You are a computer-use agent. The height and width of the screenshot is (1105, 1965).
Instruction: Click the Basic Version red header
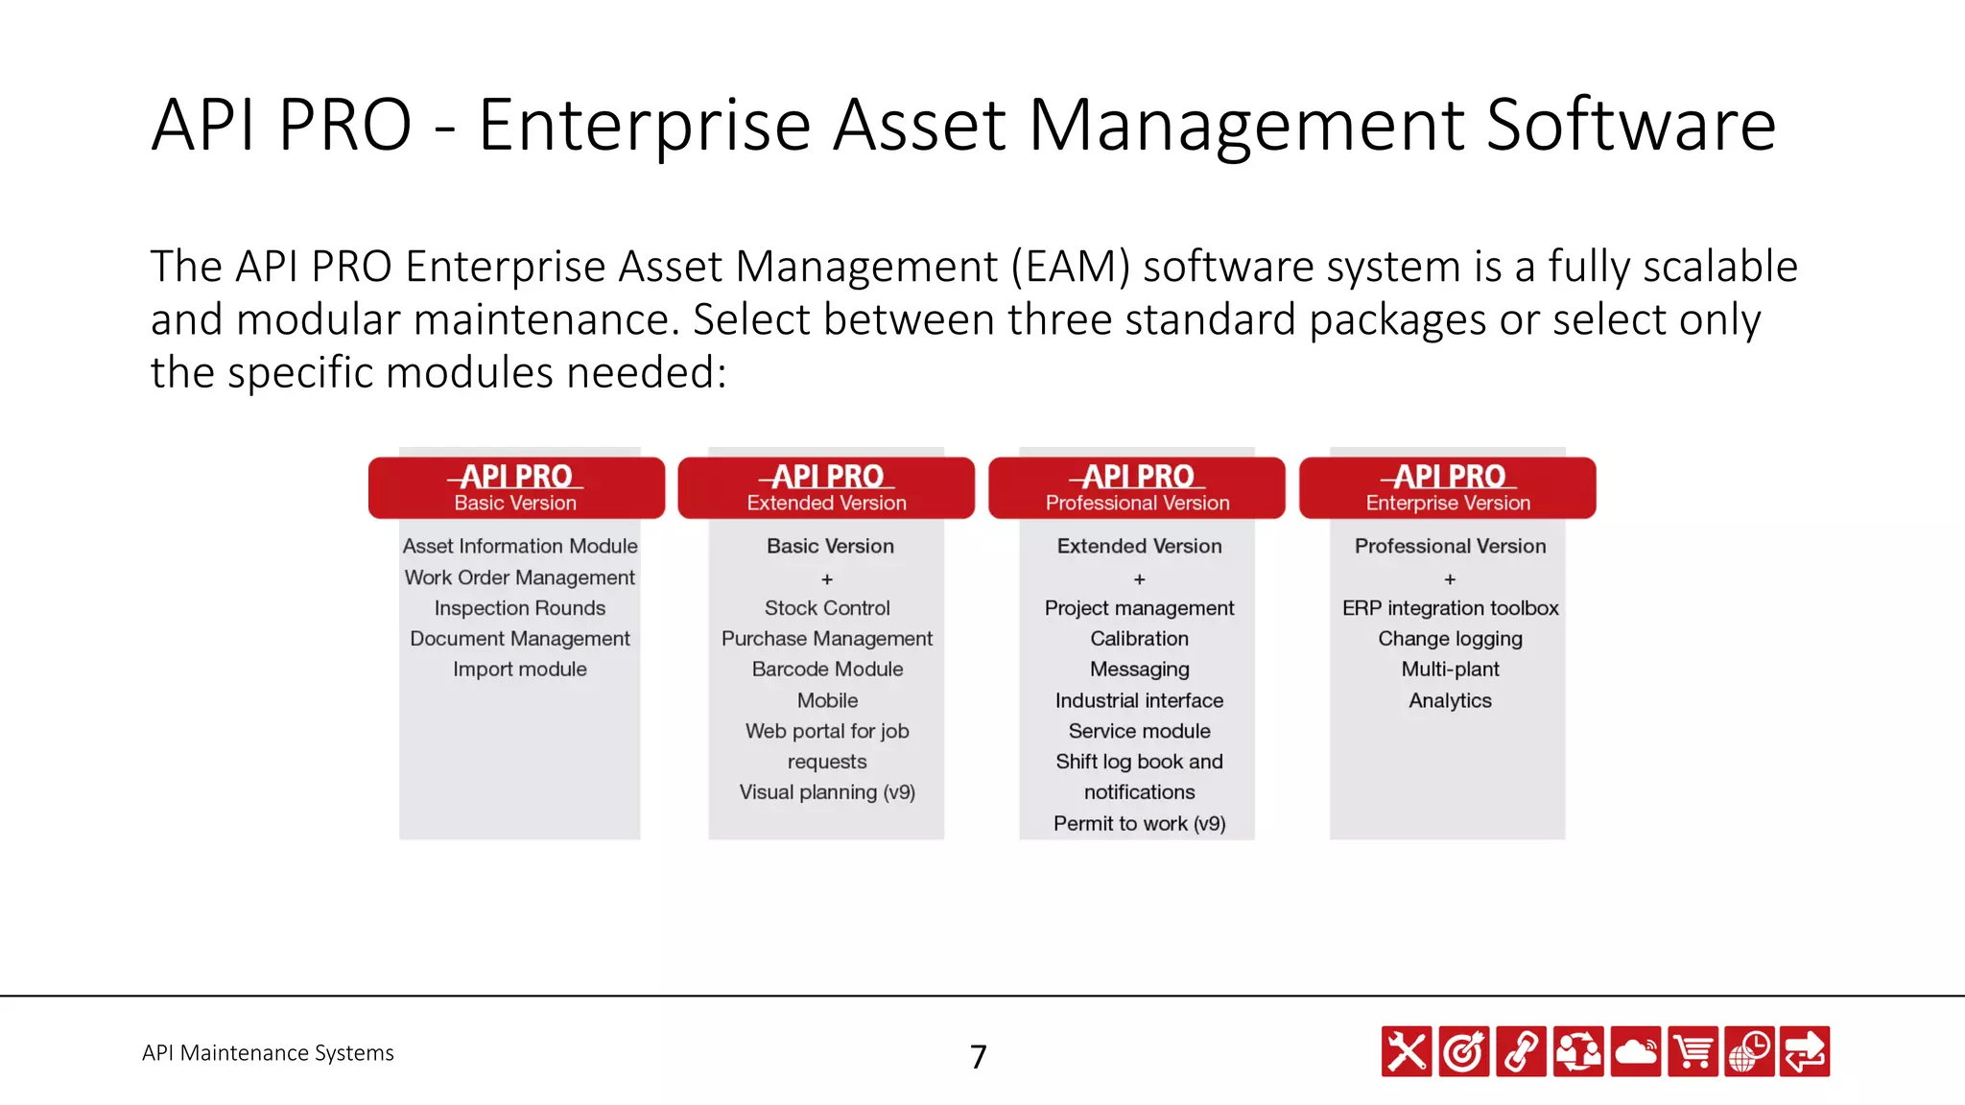click(516, 487)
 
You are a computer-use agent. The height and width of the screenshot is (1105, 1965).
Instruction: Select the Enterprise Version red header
click(1448, 487)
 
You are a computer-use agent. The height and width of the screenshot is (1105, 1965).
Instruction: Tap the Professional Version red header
click(1137, 487)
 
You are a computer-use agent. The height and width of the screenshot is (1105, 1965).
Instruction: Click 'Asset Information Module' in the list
click(520, 546)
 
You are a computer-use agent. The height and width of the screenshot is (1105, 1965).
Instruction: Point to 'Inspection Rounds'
click(520, 608)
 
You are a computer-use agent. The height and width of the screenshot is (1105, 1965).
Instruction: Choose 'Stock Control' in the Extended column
click(827, 608)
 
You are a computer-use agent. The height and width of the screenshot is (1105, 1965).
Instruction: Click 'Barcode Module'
click(827, 670)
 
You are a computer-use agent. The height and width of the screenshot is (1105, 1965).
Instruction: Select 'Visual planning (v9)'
click(827, 792)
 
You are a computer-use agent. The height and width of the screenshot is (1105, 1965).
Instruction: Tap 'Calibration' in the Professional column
click(1139, 639)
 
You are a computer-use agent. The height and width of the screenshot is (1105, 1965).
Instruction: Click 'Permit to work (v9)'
click(1139, 824)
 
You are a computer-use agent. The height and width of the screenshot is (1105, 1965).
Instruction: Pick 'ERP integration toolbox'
click(1450, 608)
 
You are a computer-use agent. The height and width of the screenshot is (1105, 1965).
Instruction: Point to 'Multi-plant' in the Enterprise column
click(1450, 670)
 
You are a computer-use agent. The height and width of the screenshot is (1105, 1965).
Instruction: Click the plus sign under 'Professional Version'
click(1450, 579)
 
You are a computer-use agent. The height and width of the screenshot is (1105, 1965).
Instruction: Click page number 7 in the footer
click(978, 1056)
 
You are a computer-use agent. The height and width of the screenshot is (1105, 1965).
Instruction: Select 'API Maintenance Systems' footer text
click(268, 1053)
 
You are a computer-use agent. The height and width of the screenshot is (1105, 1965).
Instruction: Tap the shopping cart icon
click(1693, 1052)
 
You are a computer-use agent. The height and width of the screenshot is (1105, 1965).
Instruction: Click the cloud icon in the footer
click(1636, 1052)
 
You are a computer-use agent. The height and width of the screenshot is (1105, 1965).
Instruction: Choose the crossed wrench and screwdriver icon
click(1407, 1052)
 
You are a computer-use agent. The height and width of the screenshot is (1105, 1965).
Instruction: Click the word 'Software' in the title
click(1630, 125)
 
